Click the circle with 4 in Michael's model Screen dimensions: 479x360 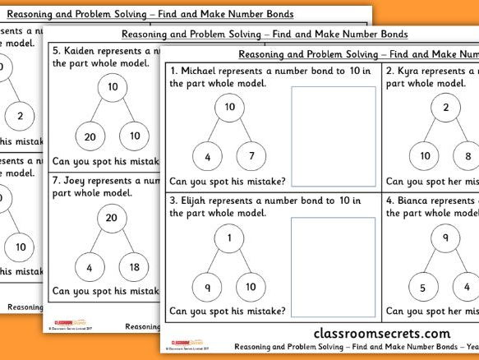(x=207, y=155)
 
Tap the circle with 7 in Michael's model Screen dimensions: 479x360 (x=252, y=155)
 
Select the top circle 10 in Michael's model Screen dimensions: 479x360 (x=230, y=108)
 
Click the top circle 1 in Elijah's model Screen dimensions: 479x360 (x=230, y=238)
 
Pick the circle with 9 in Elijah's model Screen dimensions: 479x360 (x=207, y=286)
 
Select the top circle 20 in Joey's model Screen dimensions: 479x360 (x=112, y=217)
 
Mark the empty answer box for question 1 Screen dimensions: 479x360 (x=334, y=137)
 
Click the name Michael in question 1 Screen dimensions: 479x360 (x=202, y=70)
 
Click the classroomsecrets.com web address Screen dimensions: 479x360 (x=382, y=333)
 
